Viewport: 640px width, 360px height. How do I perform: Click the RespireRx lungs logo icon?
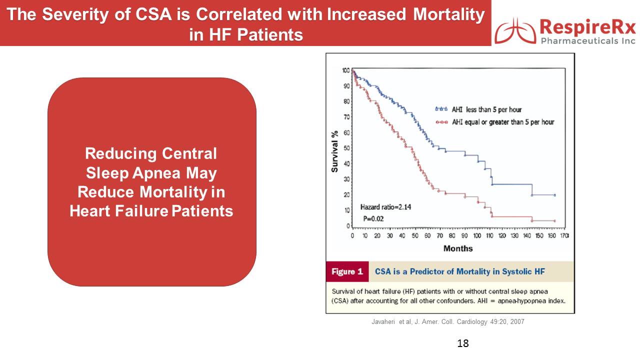tap(515, 30)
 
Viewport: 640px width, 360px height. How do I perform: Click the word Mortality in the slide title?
tap(449, 14)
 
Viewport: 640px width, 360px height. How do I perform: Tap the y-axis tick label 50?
tap(346, 148)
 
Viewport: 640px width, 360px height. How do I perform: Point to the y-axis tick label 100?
tap(345, 70)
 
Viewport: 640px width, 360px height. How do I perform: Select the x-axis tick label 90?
tap(464, 235)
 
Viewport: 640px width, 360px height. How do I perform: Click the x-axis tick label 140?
tap(527, 235)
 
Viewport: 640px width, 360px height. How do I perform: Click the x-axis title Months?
tap(458, 248)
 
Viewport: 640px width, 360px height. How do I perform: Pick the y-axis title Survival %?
tap(334, 151)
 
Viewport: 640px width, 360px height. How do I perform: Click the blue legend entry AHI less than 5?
tap(478, 109)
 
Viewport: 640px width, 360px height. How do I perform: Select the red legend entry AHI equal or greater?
tap(495, 122)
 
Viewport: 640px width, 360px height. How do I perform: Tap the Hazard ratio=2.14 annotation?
tap(385, 207)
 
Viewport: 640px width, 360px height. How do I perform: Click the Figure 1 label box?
tap(347, 271)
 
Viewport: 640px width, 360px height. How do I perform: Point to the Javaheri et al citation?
tap(447, 321)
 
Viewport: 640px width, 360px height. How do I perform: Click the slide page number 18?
tap(463, 343)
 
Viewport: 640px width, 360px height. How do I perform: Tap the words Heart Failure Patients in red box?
tap(151, 211)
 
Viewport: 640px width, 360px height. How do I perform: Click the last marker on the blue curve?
tap(555, 195)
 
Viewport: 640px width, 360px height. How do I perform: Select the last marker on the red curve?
tap(555, 221)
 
